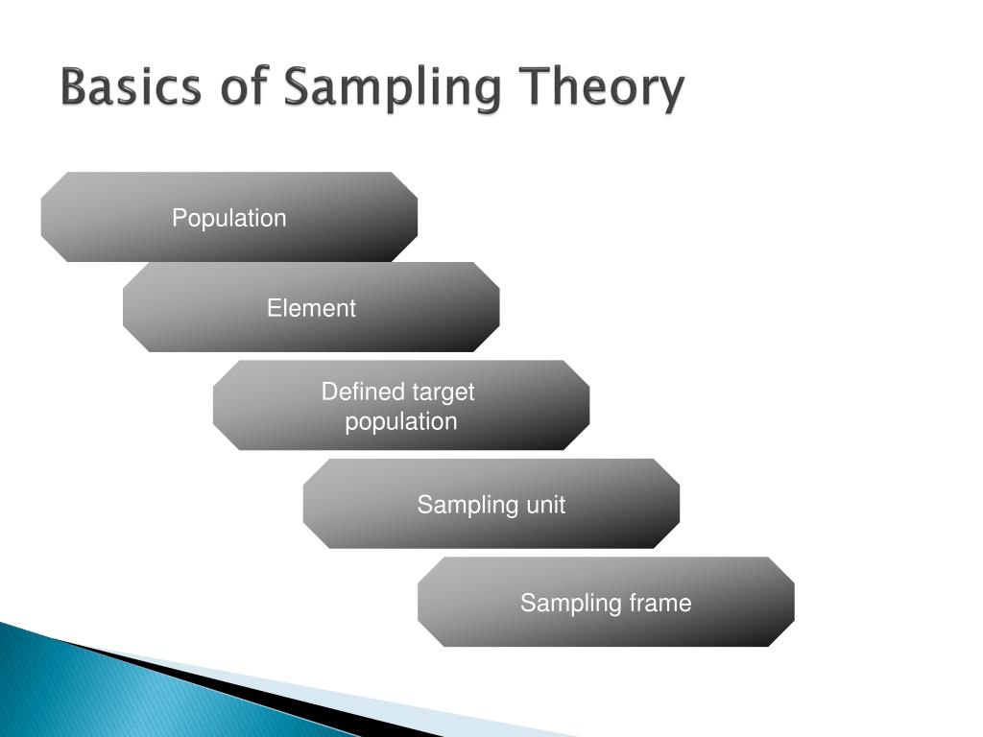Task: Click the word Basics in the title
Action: [x=131, y=88]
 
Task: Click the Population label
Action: [x=228, y=218]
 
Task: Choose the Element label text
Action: [x=311, y=308]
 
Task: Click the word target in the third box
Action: [x=444, y=392]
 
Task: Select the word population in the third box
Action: [x=401, y=422]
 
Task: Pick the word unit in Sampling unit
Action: [x=545, y=505]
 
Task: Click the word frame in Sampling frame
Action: [x=660, y=603]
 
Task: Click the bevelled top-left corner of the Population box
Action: [x=52, y=183]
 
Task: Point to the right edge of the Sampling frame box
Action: [x=794, y=602]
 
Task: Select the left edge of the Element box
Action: [x=124, y=307]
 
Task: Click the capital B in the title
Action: [x=74, y=88]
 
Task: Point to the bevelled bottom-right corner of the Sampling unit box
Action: [x=669, y=537]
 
